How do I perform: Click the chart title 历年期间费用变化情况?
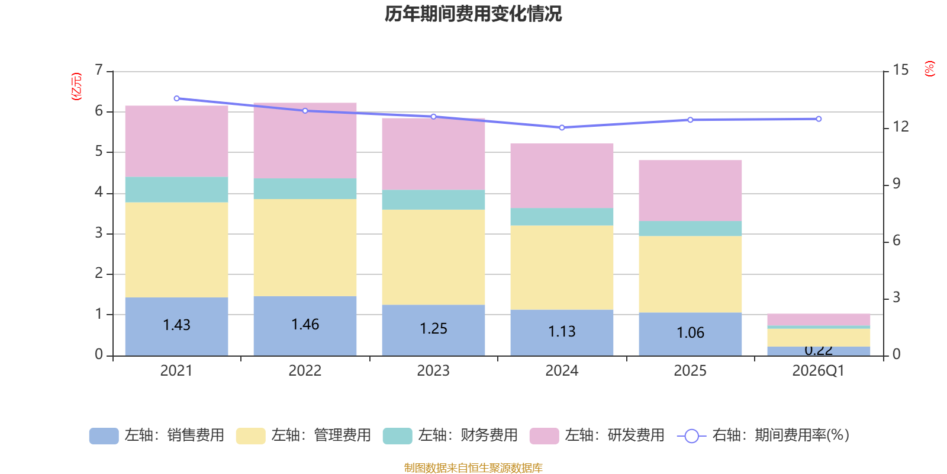point(473,14)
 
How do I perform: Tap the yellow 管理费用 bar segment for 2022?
point(305,248)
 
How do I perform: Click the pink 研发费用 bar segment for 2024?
point(562,176)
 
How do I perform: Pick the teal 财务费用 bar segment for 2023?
point(433,200)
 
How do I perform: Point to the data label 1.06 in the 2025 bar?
point(690,333)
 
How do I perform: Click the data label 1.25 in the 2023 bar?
point(433,329)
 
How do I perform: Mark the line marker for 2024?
point(562,127)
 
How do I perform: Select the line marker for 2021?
point(176,98)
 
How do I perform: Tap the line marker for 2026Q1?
point(819,119)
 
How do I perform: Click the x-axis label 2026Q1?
point(819,371)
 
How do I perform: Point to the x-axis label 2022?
point(305,371)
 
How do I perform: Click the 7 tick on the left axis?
point(99,71)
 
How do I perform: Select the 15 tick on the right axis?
point(900,71)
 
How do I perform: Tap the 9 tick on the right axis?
point(896,184)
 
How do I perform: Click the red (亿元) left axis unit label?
point(76,87)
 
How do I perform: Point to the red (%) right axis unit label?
point(930,69)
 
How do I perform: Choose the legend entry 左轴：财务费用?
point(450,435)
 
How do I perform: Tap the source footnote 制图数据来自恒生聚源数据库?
point(473,468)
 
